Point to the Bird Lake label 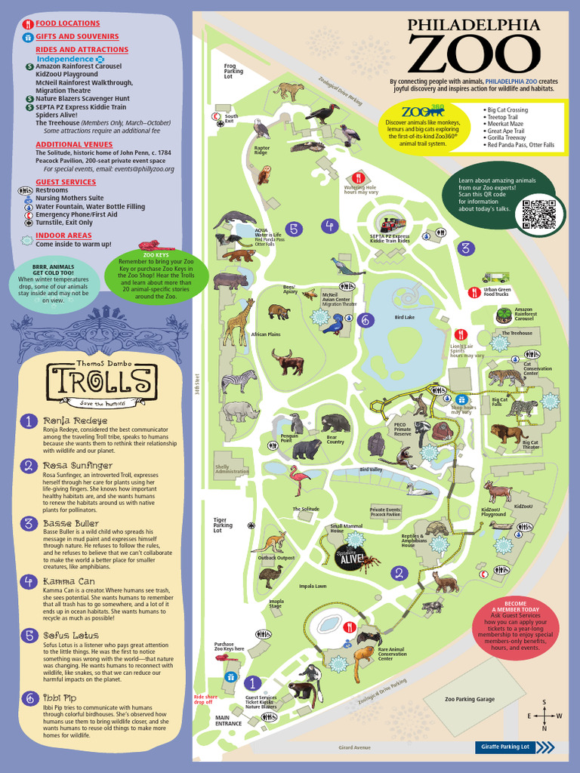tap(405, 318)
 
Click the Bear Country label tap(334, 441)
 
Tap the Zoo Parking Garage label tap(469, 699)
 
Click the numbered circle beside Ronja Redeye tap(28, 421)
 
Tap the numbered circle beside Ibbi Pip tap(28, 698)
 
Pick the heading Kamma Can tap(69, 581)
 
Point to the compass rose tap(544, 715)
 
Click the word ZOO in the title tap(474, 54)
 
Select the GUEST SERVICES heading tap(66, 182)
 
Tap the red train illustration tap(392, 224)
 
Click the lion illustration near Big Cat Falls tap(507, 433)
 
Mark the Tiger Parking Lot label tap(221, 525)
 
